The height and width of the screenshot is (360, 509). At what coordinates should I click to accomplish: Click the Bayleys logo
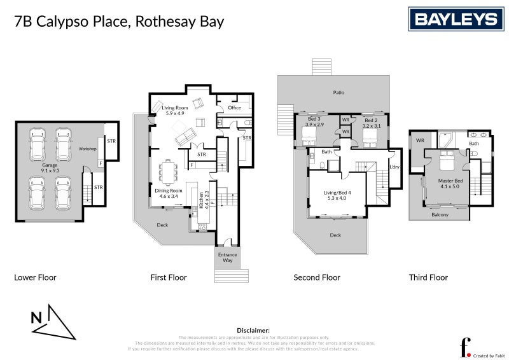point(456,19)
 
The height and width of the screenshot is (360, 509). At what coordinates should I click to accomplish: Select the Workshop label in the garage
point(88,149)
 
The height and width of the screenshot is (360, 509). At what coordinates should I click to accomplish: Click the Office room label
point(234,108)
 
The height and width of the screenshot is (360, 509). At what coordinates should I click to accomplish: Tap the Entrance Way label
point(228,258)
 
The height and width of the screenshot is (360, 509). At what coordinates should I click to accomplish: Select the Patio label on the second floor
point(338,93)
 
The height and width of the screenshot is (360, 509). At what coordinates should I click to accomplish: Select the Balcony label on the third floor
point(440,214)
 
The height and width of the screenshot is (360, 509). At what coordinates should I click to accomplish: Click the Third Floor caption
point(428,277)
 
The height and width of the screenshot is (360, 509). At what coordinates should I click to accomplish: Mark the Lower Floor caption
point(35,277)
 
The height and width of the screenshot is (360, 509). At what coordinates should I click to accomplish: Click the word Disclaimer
point(253,331)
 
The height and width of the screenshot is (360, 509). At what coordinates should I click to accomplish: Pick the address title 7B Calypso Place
point(119,22)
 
